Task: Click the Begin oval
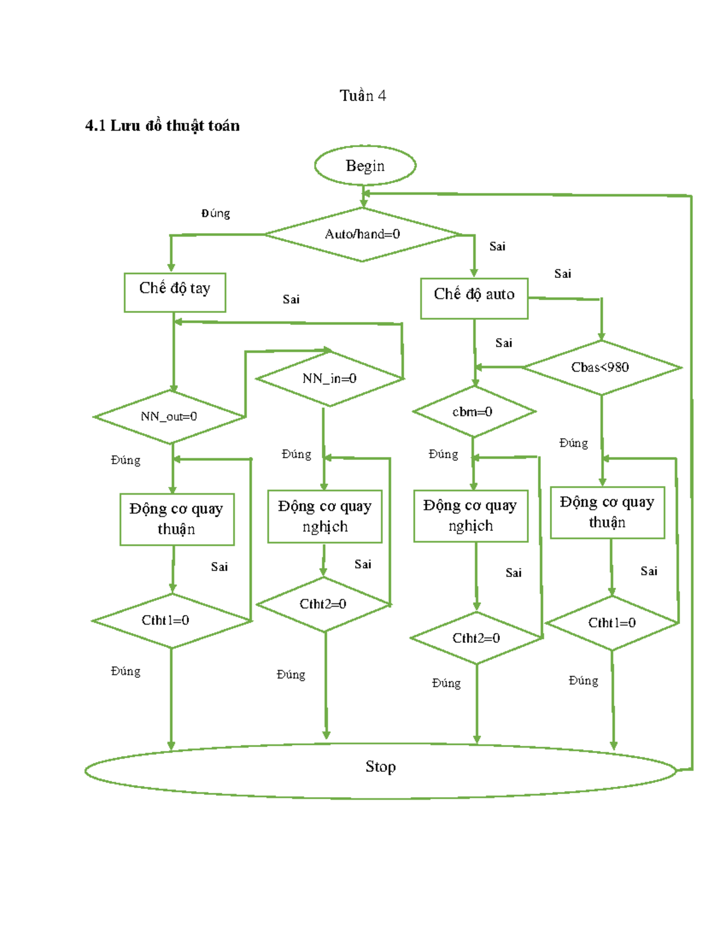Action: point(365,165)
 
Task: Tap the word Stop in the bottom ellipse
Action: point(381,767)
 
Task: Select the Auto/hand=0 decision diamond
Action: point(362,234)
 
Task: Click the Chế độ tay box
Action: point(175,292)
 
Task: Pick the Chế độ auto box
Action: point(474,298)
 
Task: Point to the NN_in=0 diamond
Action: point(329,379)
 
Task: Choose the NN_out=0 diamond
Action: point(169,416)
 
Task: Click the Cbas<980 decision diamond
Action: point(601,367)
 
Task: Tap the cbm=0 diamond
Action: point(473,412)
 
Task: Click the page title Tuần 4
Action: point(362,96)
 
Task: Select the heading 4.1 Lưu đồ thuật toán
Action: point(162,126)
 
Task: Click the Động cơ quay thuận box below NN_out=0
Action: point(177,519)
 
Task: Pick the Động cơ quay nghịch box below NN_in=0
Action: point(325,516)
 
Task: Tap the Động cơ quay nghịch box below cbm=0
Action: point(471,516)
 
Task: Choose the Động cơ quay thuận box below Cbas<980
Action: point(607,512)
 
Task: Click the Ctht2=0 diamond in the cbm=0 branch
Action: point(476,638)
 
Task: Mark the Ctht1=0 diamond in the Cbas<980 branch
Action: point(612,623)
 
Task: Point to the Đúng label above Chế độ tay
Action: point(215,213)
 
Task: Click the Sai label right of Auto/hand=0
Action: point(497,246)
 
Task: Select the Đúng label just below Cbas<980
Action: point(574,443)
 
